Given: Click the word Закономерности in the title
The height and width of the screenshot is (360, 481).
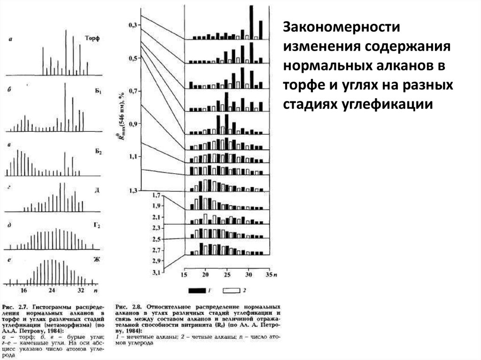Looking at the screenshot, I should click(341, 27).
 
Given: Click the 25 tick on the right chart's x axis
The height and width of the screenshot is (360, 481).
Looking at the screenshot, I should click(226, 274).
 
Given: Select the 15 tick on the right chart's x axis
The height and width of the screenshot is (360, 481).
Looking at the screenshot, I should click(184, 274).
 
